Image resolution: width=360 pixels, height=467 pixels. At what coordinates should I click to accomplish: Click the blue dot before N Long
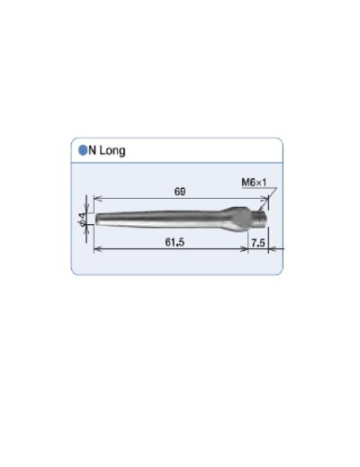pyautogui.click(x=82, y=150)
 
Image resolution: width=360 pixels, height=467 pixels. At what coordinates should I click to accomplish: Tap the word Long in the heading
pyautogui.click(x=112, y=150)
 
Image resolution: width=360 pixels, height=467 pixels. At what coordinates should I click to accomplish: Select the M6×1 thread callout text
pyautogui.click(x=255, y=183)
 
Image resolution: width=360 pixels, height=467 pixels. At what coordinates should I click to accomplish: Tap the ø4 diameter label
pyautogui.click(x=82, y=218)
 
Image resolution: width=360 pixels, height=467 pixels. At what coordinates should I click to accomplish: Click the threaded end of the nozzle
pyautogui.click(x=261, y=216)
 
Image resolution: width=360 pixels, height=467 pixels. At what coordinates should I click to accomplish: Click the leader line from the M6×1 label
pyautogui.click(x=271, y=197)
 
